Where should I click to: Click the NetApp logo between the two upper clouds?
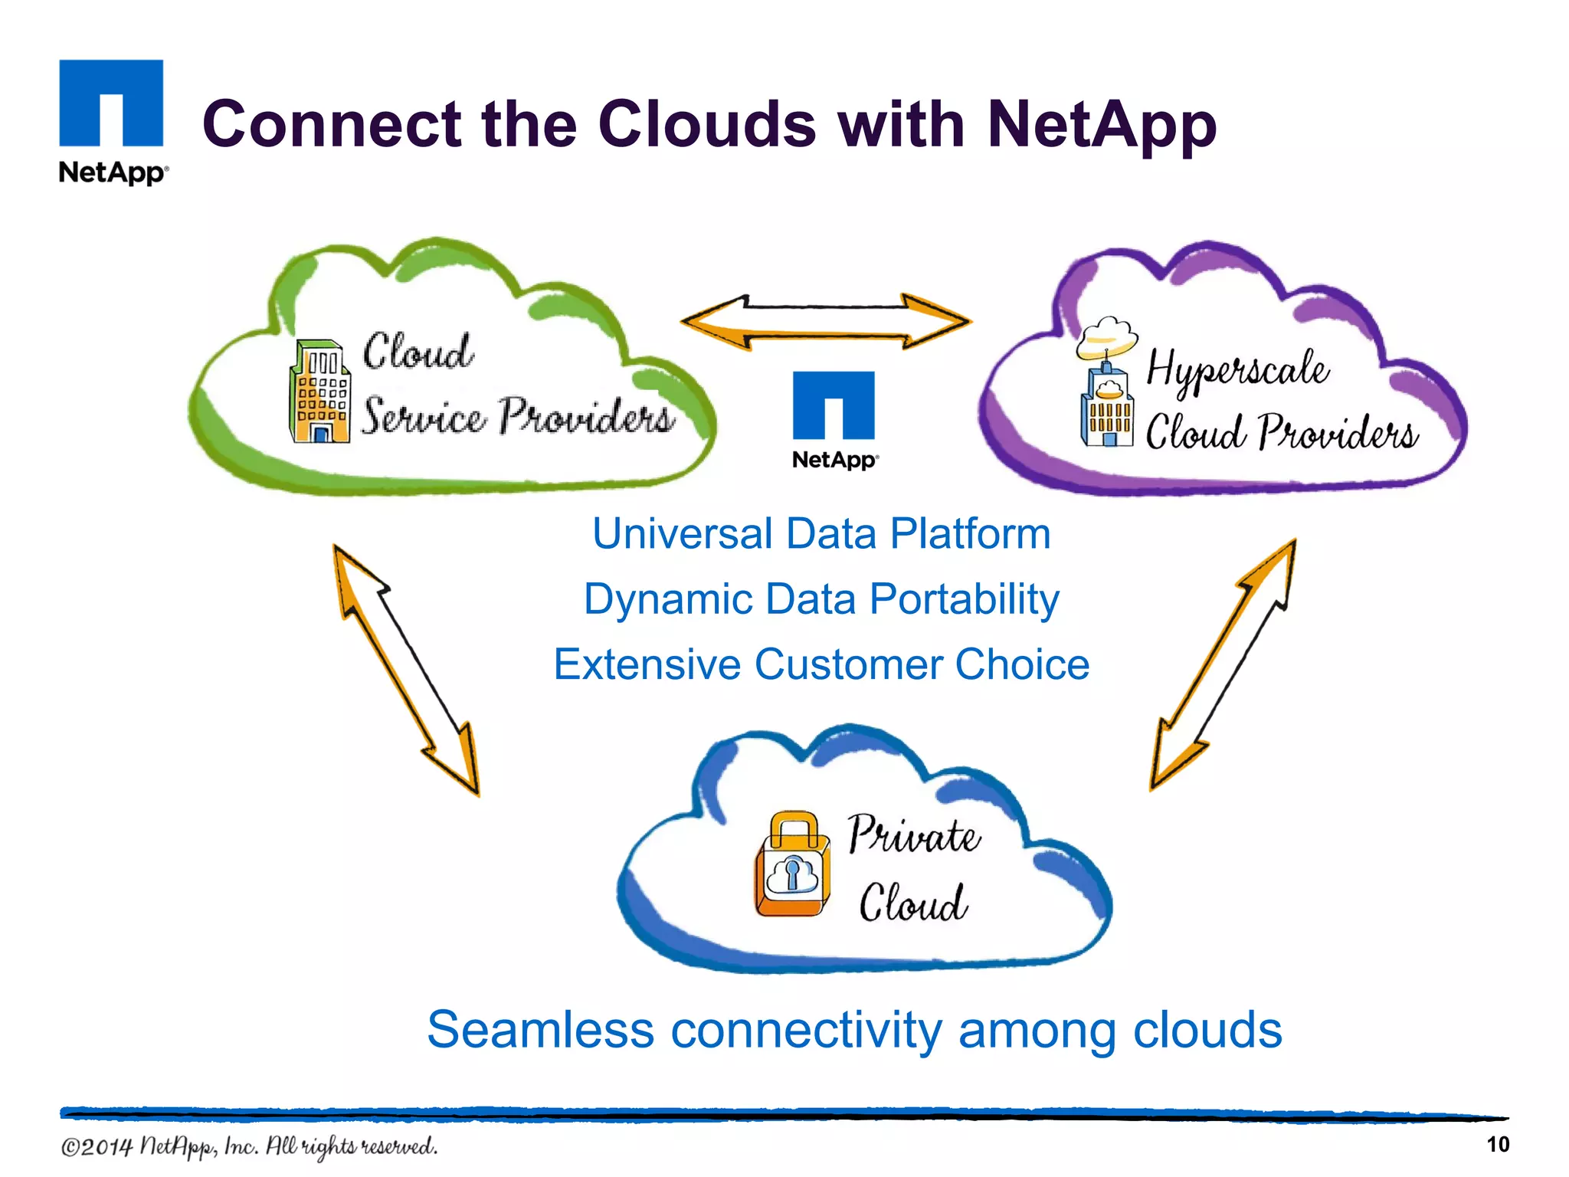point(834,418)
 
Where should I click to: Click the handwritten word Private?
point(913,834)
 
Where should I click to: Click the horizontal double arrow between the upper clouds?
point(826,322)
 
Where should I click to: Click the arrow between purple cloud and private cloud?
point(1223,664)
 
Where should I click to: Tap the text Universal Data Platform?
point(821,534)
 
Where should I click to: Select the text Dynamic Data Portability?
point(821,599)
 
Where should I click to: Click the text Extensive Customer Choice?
point(821,664)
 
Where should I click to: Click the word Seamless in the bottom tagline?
point(539,1030)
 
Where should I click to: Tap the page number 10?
point(1497,1145)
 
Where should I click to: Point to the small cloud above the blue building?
point(1106,337)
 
